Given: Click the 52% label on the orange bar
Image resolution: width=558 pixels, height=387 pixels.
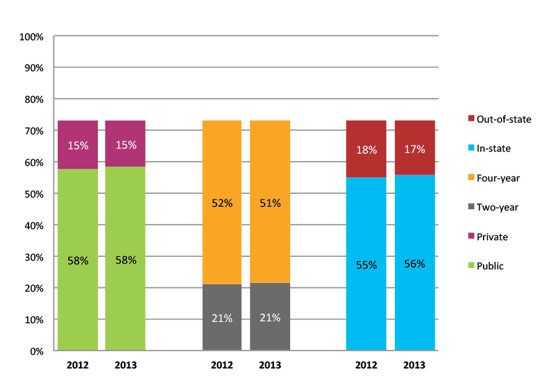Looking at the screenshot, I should [x=222, y=203].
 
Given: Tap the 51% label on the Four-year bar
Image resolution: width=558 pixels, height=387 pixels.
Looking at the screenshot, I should [x=270, y=203].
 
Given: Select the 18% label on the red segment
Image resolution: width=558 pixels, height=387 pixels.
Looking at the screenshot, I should [x=366, y=149].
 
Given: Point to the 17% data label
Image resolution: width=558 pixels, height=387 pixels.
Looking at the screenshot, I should [x=414, y=149].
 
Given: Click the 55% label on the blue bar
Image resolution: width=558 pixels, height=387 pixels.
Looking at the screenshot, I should [x=366, y=264].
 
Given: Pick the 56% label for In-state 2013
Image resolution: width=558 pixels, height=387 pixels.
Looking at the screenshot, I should [x=414, y=264].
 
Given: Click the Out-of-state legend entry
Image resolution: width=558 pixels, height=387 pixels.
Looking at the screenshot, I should [x=499, y=119].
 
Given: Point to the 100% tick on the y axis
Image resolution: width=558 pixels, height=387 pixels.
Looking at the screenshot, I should [x=32, y=37].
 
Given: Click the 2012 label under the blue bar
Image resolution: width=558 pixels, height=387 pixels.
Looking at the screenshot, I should [x=366, y=365].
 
